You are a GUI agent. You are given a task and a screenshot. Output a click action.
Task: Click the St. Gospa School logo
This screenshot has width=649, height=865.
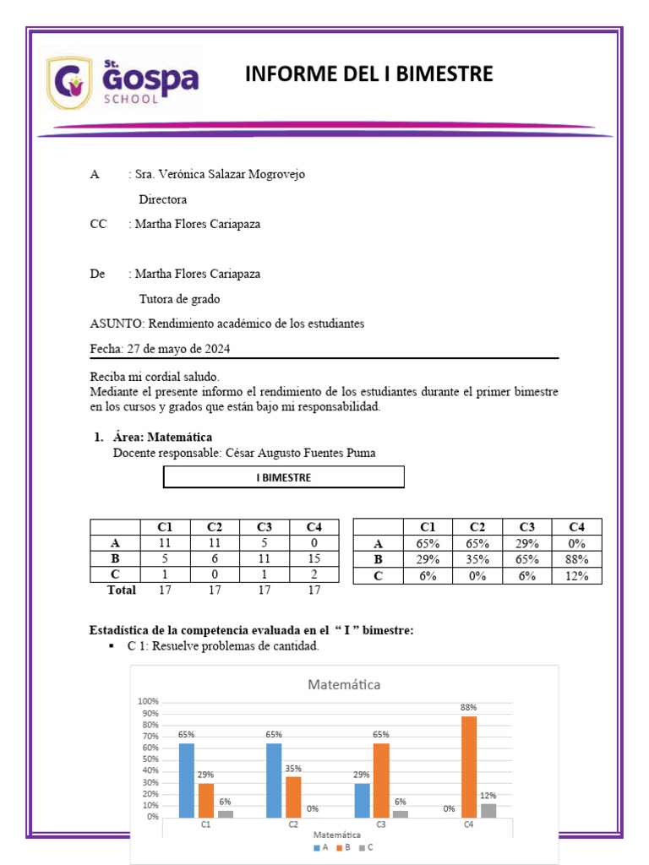coord(123,82)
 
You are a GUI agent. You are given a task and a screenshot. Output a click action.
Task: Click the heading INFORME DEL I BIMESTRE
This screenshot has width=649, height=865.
coord(368,74)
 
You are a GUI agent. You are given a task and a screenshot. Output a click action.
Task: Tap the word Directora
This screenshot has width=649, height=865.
coord(162,200)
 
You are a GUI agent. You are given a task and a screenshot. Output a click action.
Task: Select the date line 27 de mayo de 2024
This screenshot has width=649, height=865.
coord(161,349)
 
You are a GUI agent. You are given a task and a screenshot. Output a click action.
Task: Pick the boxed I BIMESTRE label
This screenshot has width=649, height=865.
coord(283,478)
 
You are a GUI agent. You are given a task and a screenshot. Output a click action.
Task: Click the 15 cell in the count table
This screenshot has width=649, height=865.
coord(314,559)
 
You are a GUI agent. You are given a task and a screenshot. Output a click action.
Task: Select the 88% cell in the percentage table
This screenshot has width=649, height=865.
coord(577,559)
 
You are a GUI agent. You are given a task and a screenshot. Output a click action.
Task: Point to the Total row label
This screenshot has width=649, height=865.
coord(121,590)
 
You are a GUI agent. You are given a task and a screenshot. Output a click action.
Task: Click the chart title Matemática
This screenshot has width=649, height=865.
coord(344,684)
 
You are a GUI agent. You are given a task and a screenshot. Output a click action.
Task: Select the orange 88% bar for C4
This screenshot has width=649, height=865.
coord(469,766)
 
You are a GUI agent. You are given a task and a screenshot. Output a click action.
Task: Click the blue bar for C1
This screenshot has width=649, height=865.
coord(186,780)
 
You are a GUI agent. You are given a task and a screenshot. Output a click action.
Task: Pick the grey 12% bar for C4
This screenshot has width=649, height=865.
coord(488,809)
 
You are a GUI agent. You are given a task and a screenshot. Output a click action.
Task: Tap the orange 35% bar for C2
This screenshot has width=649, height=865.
coord(293,797)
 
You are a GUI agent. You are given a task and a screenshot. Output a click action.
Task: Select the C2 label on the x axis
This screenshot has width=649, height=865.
coord(293,824)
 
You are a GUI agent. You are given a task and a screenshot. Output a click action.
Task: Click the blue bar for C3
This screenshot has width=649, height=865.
coord(362,800)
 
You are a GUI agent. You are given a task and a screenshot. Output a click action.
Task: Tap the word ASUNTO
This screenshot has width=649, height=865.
coord(117,324)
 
